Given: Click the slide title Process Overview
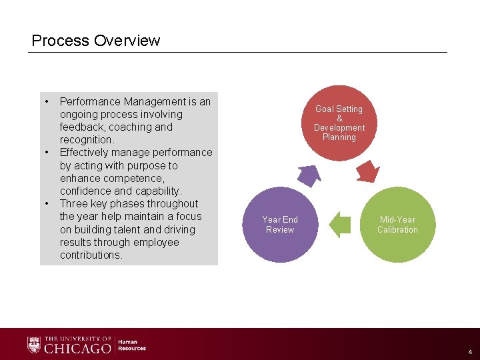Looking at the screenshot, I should pyautogui.click(x=96, y=41).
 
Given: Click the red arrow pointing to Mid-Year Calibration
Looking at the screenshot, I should pyautogui.click(x=367, y=171).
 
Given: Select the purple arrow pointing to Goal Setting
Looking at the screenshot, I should pyautogui.click(x=309, y=174).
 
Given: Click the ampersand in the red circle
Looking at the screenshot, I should pyautogui.click(x=339, y=118).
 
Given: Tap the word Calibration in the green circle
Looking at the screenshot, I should pyautogui.click(x=397, y=230).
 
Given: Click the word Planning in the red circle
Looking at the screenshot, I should pyautogui.click(x=339, y=137).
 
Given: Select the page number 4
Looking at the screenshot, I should pyautogui.click(x=469, y=351).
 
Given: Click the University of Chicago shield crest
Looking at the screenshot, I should pyautogui.click(x=34, y=345).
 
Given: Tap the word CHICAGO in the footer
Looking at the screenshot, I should pyautogui.click(x=77, y=349).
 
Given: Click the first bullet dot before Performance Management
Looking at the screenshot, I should pyautogui.click(x=47, y=101).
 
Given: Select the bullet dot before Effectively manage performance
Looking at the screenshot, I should pyautogui.click(x=47, y=152).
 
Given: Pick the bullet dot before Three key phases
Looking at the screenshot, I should pyautogui.click(x=47, y=203).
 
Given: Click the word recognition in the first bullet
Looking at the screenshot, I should pyautogui.click(x=86, y=140).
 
